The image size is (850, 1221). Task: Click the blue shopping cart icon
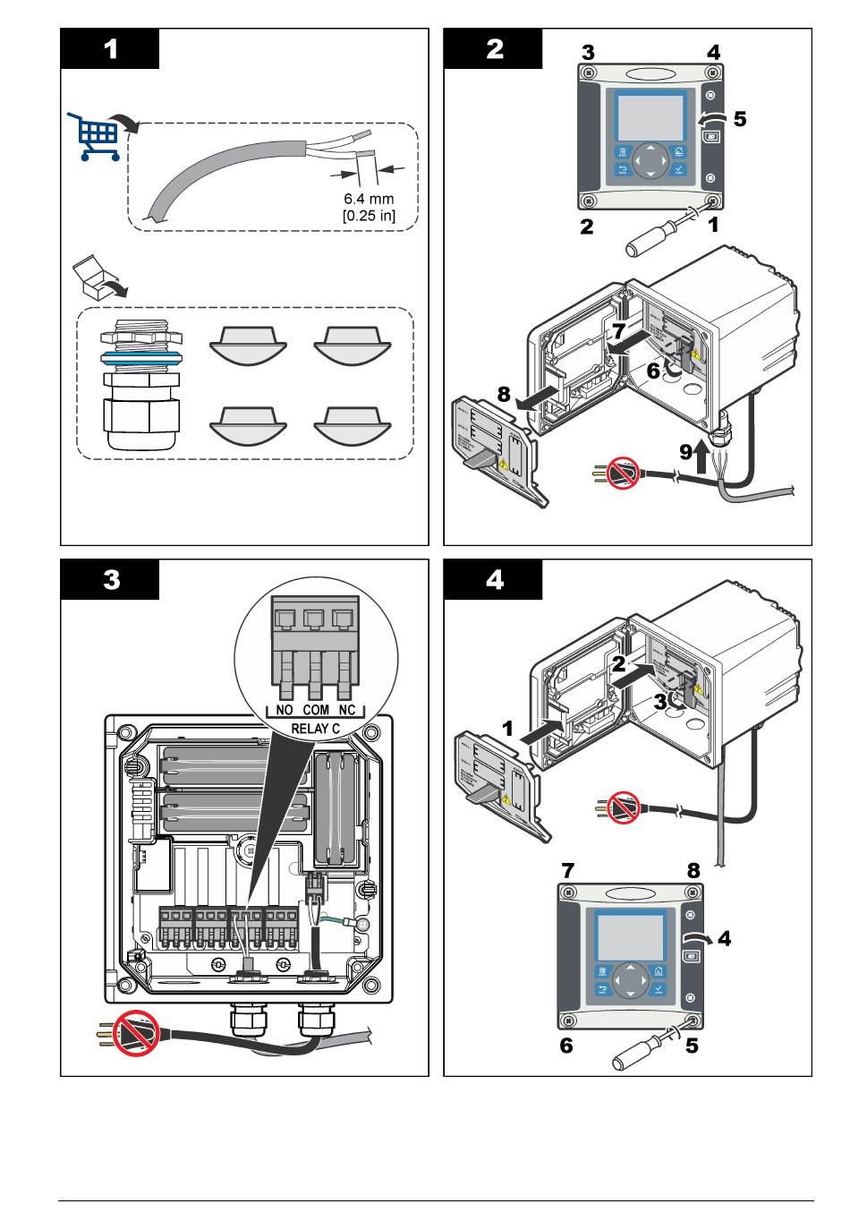[x=95, y=137]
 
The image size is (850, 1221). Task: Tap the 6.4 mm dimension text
[x=369, y=199]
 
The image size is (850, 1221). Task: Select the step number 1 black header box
[x=110, y=48]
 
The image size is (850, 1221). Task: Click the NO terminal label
[x=285, y=710]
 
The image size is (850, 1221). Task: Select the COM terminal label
[x=316, y=710]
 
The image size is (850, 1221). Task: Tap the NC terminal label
[x=346, y=710]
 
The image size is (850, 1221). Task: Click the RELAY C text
[x=316, y=729]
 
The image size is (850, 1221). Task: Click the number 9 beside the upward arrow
[x=685, y=452]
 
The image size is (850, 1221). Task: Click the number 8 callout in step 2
[x=504, y=394]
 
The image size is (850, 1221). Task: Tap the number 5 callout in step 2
[x=739, y=118]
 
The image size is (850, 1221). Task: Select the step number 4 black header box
[x=493, y=579]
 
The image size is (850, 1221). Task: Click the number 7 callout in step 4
[x=567, y=869]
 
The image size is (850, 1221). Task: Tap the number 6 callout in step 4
[x=566, y=1045]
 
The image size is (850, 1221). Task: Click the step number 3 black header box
[x=110, y=579]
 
